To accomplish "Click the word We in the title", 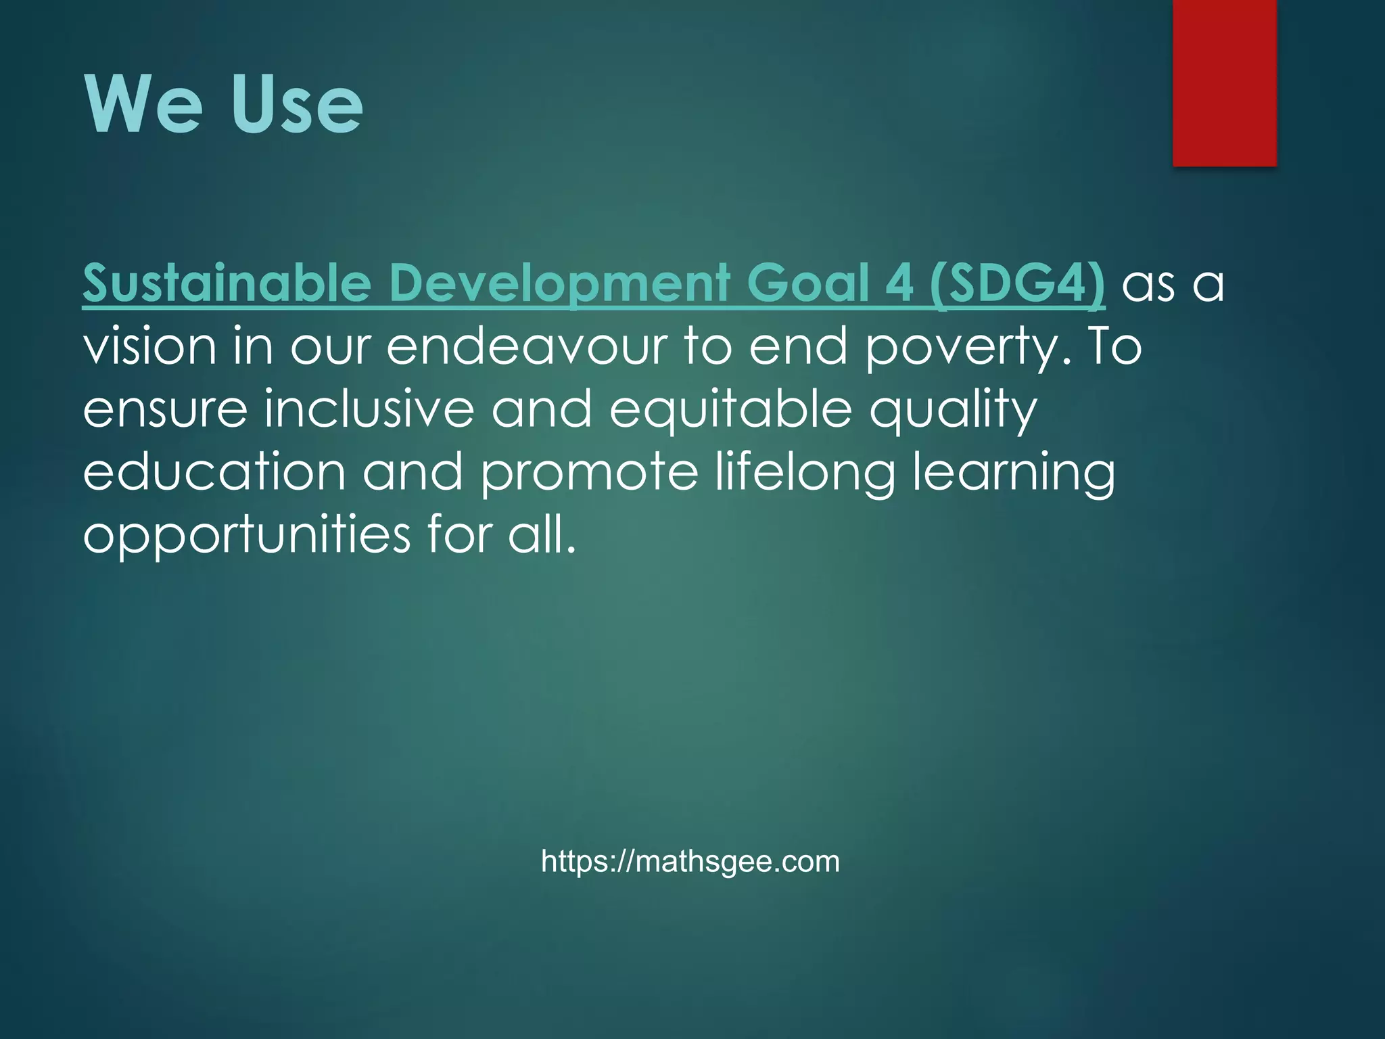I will pyautogui.click(x=143, y=105).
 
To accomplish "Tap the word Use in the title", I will pyautogui.click(x=296, y=105).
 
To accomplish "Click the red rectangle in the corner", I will pyautogui.click(x=1224, y=83).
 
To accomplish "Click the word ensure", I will pyautogui.click(x=165, y=409).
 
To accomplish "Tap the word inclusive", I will pyautogui.click(x=369, y=409).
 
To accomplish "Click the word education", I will pyautogui.click(x=214, y=472).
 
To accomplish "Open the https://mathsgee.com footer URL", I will pyautogui.click(x=690, y=862).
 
